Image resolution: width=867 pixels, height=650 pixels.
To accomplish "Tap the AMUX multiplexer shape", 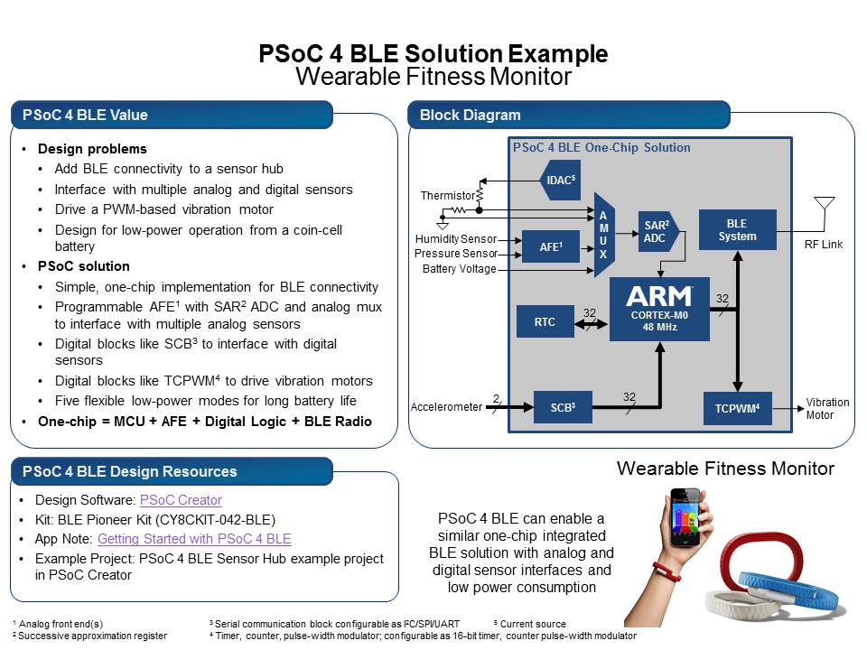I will click(603, 235).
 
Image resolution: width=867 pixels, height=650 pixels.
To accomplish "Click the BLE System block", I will click(737, 230).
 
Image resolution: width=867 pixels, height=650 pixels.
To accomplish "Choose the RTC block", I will click(545, 321).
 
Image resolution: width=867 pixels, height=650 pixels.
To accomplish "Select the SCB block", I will click(562, 407).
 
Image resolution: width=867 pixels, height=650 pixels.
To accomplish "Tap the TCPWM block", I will click(738, 407).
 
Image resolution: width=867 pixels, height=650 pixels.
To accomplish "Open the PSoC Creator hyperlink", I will click(181, 500).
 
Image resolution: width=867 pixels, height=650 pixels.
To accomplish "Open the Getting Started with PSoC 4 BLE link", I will click(194, 539).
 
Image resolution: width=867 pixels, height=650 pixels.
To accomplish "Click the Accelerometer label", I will click(446, 407).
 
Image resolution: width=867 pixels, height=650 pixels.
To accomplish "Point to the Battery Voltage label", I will click(459, 269).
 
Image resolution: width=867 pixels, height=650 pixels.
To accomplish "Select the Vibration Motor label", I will click(827, 409).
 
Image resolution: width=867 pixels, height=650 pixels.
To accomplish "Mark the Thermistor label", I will click(448, 196).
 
